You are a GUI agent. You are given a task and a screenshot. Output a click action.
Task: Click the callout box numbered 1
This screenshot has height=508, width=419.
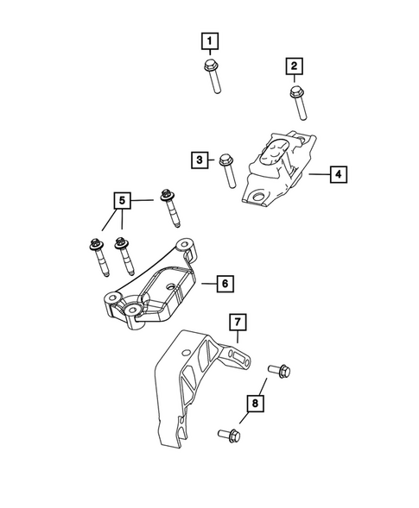(x=209, y=40)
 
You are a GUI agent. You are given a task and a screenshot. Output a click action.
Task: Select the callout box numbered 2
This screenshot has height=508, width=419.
(x=295, y=66)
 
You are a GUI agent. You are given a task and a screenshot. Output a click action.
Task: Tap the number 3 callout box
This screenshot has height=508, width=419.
(x=200, y=159)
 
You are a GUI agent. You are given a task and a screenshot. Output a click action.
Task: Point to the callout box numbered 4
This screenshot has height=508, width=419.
(x=338, y=174)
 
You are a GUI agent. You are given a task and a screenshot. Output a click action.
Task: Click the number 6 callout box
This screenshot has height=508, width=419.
(x=224, y=283)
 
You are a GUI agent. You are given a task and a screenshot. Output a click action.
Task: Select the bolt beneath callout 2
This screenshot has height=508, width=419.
(x=297, y=103)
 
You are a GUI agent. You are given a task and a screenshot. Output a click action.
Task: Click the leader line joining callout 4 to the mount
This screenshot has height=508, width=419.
(x=316, y=174)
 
